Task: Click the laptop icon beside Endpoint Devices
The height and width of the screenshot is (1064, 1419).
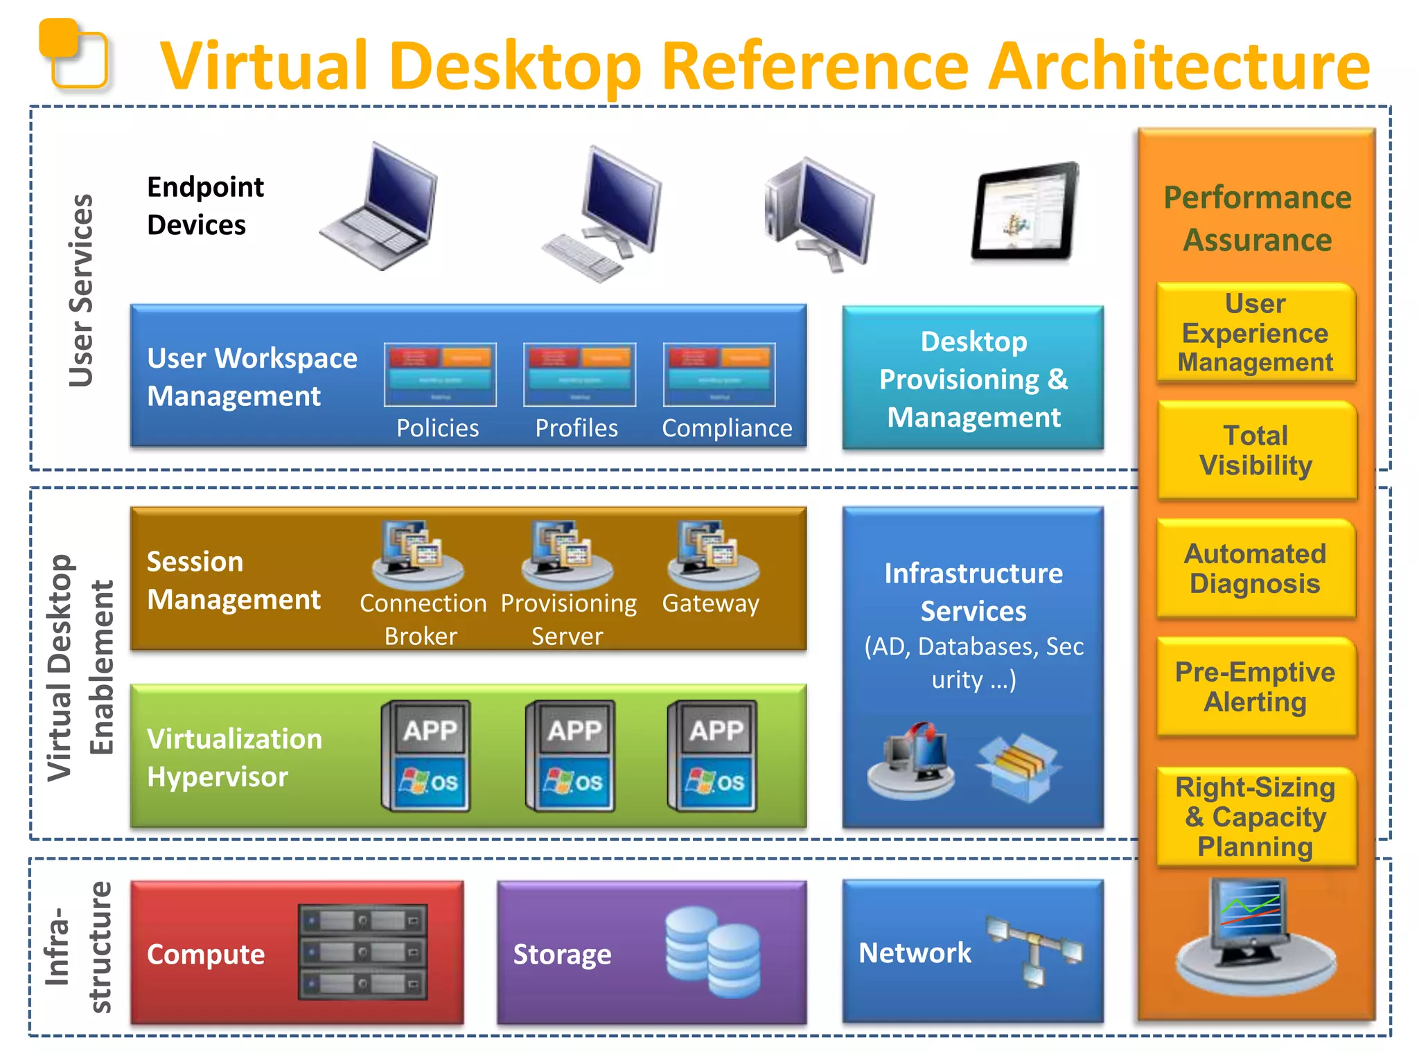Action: (380, 208)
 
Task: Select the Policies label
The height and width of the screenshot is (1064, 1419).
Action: (437, 428)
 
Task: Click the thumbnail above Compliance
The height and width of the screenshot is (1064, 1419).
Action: (719, 374)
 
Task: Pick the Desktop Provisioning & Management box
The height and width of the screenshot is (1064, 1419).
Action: (973, 378)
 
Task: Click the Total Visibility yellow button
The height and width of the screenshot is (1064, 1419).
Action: (1255, 450)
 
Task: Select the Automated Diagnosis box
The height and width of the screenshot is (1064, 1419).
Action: (1255, 568)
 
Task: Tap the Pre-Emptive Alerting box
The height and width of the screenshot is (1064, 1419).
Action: (1255, 686)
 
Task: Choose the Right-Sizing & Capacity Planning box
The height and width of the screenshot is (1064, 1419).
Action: (1255, 817)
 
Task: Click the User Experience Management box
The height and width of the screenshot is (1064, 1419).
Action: (1255, 333)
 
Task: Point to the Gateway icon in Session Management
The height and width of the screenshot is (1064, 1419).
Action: (713, 554)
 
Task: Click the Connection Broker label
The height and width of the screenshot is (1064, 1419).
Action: (423, 619)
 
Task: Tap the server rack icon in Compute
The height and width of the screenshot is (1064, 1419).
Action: (362, 952)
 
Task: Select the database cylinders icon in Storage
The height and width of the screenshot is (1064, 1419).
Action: (712, 952)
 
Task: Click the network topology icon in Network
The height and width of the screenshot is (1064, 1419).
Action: (1034, 949)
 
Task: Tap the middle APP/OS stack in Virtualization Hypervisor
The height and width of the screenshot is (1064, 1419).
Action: (571, 756)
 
